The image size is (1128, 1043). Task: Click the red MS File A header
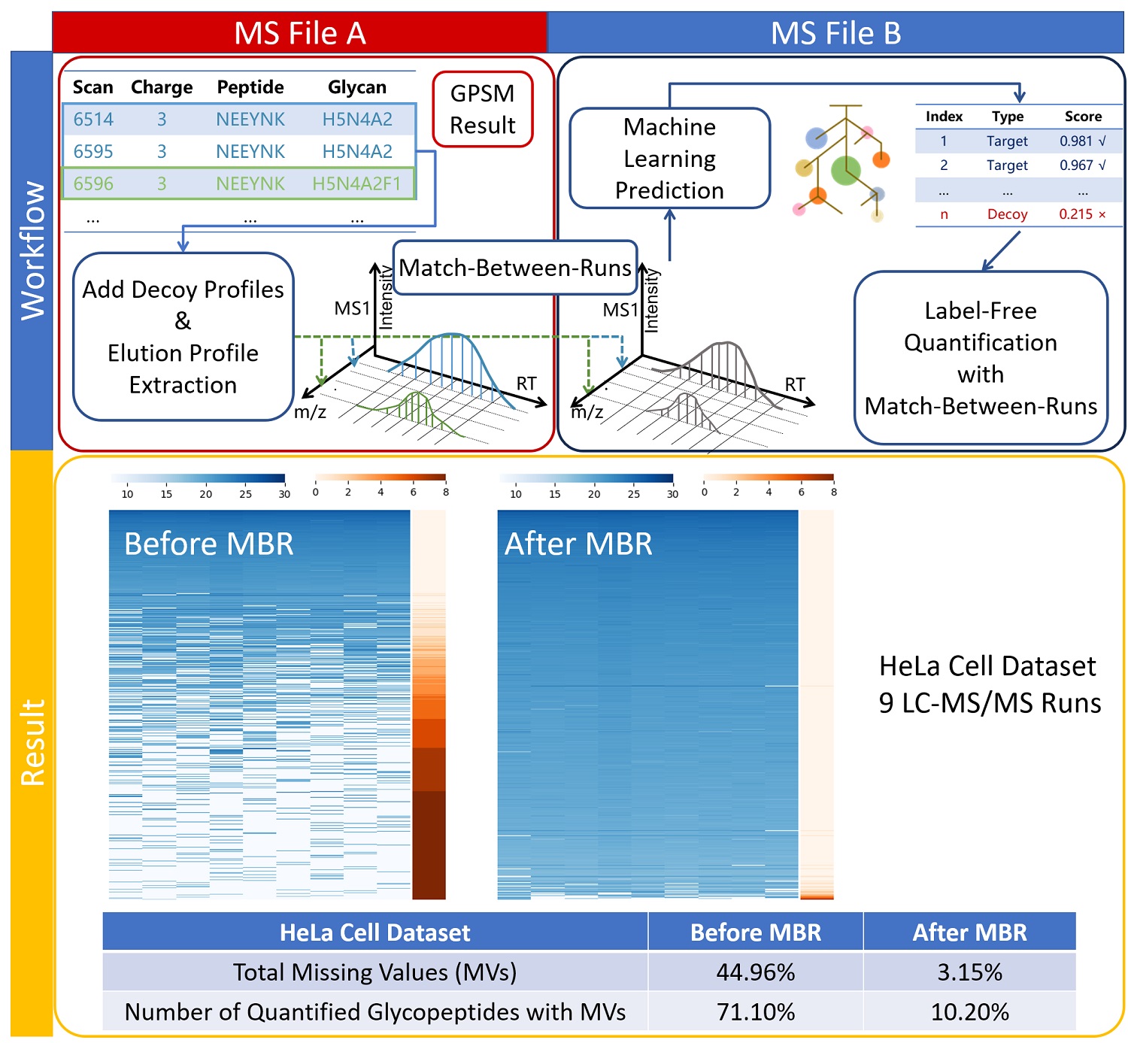tap(299, 33)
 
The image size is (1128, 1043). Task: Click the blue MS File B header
tap(835, 33)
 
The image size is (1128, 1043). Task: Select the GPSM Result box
tap(482, 109)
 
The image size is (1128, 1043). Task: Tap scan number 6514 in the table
tap(93, 119)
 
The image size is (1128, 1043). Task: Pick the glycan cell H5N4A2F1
tap(356, 183)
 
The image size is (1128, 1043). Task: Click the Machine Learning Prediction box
tap(669, 159)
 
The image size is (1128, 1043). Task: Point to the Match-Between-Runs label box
tap(515, 268)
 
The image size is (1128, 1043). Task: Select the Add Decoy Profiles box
tap(183, 337)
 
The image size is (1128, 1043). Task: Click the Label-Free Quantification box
tap(981, 358)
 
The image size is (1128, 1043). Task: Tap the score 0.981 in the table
tap(1076, 141)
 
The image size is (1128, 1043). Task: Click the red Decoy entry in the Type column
tap(1007, 214)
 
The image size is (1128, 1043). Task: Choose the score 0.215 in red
tap(1075, 214)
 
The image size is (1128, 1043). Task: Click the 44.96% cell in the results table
tap(755, 972)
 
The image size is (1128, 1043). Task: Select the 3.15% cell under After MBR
tap(969, 972)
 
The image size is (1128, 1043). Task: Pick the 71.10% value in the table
tap(755, 1012)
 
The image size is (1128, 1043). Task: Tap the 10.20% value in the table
tap(969, 1012)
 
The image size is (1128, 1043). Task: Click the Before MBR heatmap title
tap(208, 544)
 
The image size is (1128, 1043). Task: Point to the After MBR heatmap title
tap(578, 544)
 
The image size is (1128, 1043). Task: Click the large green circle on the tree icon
tap(845, 171)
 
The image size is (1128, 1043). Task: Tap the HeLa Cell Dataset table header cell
tap(374, 932)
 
